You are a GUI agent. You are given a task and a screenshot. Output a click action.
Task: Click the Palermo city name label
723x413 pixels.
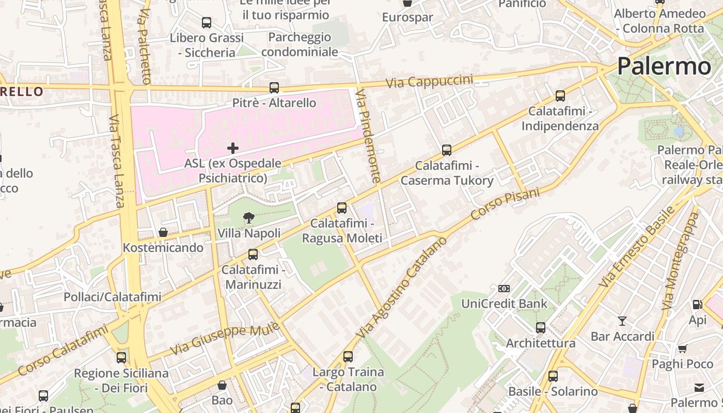click(x=664, y=67)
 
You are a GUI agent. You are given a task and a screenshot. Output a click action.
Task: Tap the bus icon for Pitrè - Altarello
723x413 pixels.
click(x=274, y=88)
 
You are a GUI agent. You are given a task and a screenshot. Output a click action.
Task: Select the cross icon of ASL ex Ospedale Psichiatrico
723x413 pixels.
click(x=233, y=148)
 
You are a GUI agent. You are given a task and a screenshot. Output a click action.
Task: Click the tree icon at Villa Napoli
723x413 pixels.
click(x=248, y=218)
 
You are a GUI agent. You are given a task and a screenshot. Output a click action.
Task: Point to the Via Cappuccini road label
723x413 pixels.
click(x=430, y=81)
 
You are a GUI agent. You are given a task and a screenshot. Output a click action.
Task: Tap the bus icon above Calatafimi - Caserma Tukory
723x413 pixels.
click(x=447, y=150)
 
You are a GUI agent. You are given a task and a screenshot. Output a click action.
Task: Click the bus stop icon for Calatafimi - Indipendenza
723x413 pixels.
click(x=560, y=96)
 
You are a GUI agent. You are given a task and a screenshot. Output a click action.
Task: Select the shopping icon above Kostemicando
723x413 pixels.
click(x=163, y=232)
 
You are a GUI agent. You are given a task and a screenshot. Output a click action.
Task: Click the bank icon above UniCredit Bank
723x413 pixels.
click(x=504, y=288)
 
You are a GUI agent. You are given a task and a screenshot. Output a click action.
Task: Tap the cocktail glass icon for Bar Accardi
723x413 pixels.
click(x=622, y=321)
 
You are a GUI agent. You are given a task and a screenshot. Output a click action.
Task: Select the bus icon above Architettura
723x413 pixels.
click(x=541, y=328)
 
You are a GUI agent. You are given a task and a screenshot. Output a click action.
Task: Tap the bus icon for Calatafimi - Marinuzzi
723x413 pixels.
click(x=253, y=255)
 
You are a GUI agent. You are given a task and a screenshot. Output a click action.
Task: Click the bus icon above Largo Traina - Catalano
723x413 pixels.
click(x=348, y=357)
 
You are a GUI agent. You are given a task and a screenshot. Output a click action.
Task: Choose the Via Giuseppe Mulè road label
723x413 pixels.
click(x=225, y=338)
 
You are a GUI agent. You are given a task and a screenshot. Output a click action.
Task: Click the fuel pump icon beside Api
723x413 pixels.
click(x=697, y=305)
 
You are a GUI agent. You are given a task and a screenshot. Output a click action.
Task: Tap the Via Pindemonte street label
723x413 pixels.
click(x=369, y=136)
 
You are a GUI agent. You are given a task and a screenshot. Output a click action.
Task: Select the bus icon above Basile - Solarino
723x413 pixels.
click(x=553, y=376)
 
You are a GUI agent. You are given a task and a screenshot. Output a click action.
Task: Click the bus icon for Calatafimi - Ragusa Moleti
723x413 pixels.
click(x=342, y=208)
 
